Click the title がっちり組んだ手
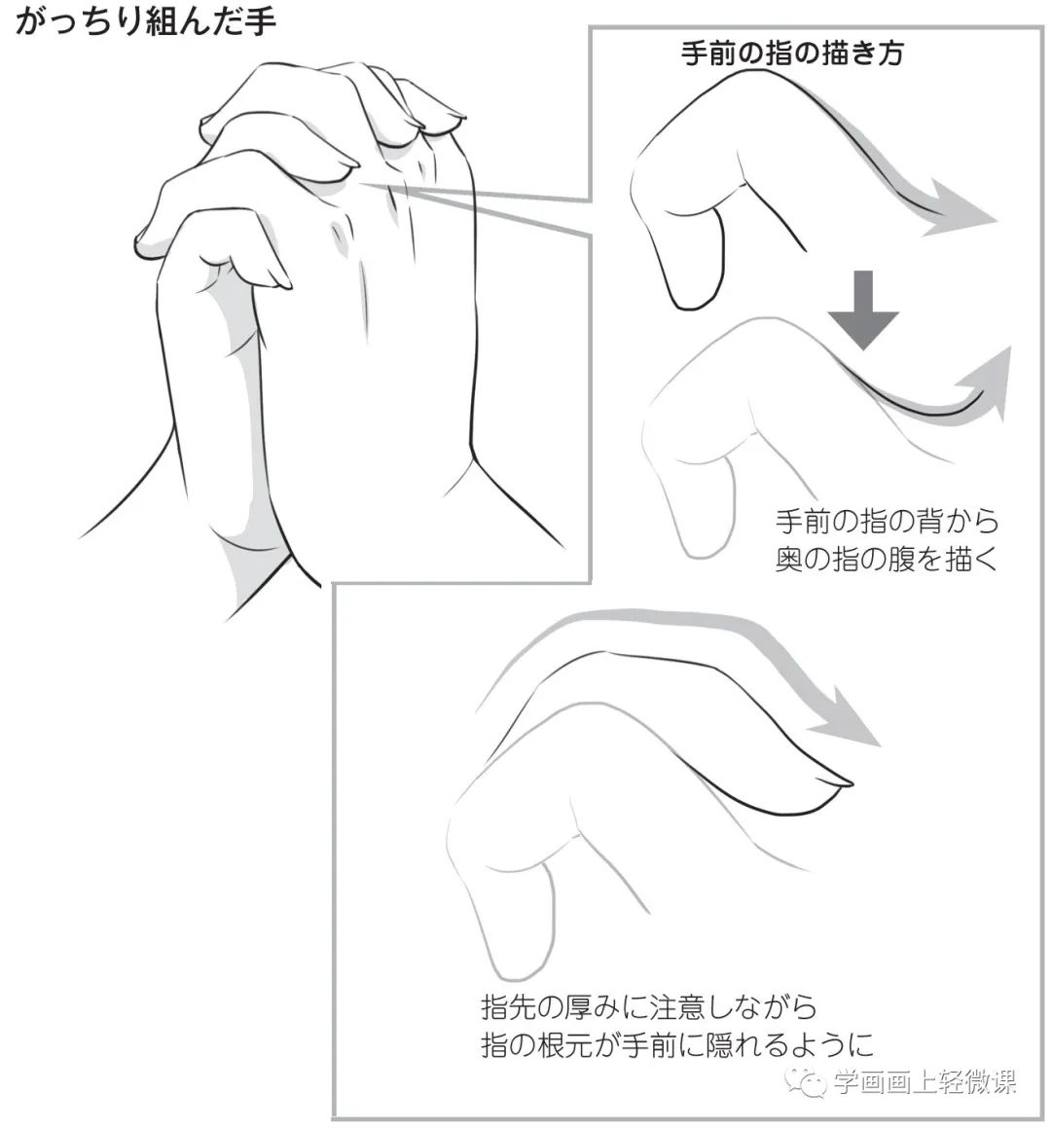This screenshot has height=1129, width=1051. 146,21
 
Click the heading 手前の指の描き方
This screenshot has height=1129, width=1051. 792,54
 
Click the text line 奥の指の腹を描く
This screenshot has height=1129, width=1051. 887,560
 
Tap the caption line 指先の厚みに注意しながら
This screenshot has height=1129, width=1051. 649,1004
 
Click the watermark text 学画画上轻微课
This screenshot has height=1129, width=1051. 924,1082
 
